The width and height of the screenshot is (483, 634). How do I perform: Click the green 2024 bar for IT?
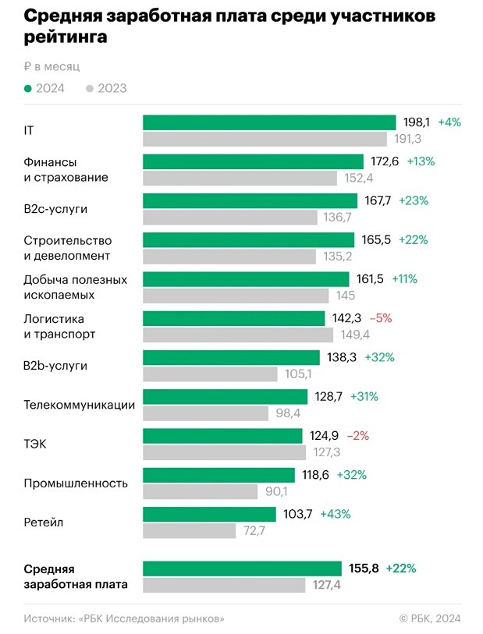[269, 122]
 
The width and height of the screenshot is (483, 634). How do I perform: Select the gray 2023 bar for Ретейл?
[189, 531]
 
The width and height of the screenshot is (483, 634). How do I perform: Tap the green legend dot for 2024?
[28, 88]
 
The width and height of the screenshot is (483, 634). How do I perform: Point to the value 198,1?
[416, 122]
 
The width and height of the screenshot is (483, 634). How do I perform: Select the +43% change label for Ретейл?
[335, 514]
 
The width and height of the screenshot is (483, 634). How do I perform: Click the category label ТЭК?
[36, 444]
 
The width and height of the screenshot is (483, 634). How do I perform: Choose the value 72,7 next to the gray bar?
[254, 531]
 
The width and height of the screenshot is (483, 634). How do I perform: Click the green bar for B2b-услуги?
[231, 357]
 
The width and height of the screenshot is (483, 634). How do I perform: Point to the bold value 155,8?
[363, 568]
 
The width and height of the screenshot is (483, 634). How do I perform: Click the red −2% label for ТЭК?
[379, 435]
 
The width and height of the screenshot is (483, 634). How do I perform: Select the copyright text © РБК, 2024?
[429, 618]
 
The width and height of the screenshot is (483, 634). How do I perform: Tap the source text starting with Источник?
[123, 618]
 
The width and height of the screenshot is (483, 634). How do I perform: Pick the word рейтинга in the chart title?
[66, 37]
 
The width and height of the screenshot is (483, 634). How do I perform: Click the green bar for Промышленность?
[218, 475]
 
